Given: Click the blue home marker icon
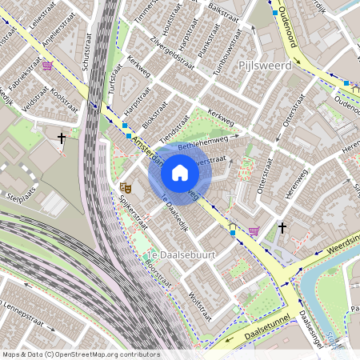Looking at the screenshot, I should click(x=180, y=173).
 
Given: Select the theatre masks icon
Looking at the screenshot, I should click(x=124, y=186).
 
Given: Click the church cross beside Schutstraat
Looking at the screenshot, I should click(x=62, y=138).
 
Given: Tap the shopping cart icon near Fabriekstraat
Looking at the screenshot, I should click(x=48, y=66).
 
